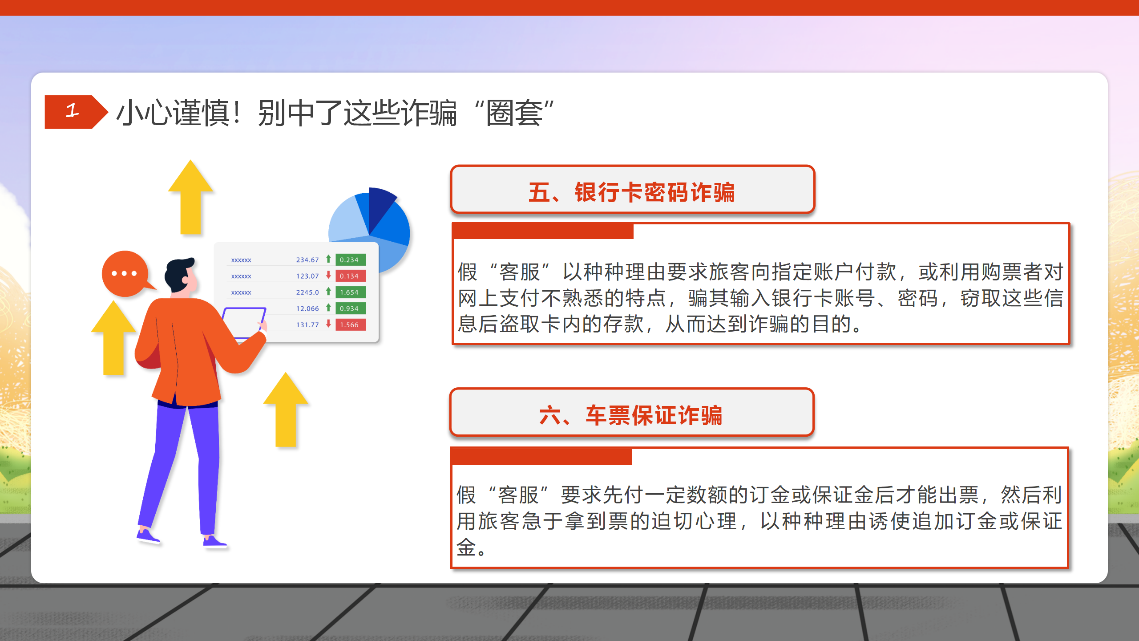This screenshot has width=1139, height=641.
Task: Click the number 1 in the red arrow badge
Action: coord(72,110)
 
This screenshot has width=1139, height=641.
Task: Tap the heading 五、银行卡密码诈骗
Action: coord(632,192)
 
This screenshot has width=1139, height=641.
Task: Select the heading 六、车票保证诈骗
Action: coord(631,415)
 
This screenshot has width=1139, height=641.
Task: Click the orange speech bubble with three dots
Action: coord(126,273)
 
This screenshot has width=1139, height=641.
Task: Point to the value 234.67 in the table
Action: coord(307,260)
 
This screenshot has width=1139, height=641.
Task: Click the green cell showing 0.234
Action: coord(350,260)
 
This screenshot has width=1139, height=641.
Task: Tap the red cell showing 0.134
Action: coord(350,276)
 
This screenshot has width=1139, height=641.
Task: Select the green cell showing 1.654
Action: coord(350,292)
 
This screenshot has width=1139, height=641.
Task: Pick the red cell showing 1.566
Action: coord(350,325)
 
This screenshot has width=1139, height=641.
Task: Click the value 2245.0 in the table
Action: coord(307,292)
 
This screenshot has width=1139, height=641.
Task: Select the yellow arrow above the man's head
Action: coord(190,197)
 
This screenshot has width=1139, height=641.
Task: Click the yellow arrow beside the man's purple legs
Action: coord(286,409)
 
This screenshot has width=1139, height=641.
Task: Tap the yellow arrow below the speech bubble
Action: coord(113,337)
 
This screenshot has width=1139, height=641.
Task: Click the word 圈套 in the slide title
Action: coord(514,113)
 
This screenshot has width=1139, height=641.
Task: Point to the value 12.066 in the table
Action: coord(307,308)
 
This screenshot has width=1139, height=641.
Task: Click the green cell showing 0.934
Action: coord(350,308)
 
